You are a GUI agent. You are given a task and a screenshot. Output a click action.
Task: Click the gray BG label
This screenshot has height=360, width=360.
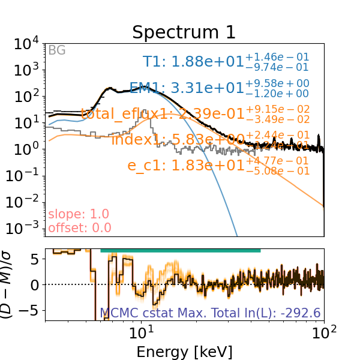(x=56, y=50)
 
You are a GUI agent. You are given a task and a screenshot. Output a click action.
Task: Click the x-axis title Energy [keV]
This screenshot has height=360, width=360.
(x=184, y=351)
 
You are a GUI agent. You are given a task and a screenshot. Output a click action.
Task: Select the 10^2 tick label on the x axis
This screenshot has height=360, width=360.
(x=324, y=334)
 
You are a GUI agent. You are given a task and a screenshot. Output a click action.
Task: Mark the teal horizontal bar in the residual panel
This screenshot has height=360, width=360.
(x=180, y=250)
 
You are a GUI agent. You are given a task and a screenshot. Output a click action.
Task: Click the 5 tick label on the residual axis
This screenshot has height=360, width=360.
(x=36, y=260)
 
